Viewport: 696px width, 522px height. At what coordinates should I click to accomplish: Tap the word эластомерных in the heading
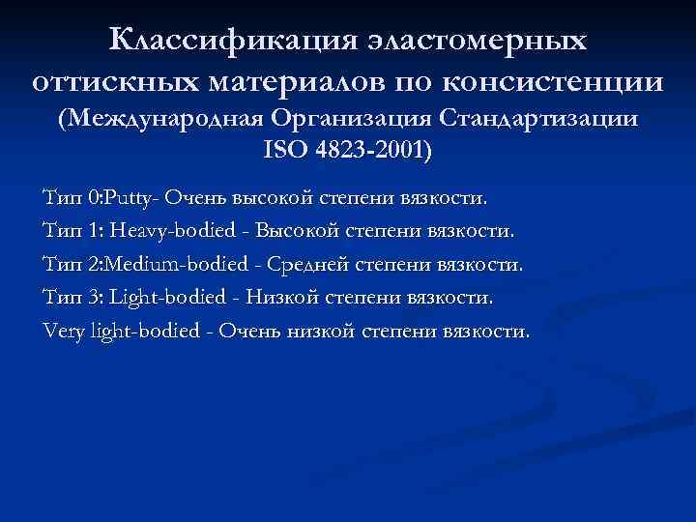(477, 41)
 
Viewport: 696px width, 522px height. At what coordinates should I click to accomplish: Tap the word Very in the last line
(64, 331)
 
